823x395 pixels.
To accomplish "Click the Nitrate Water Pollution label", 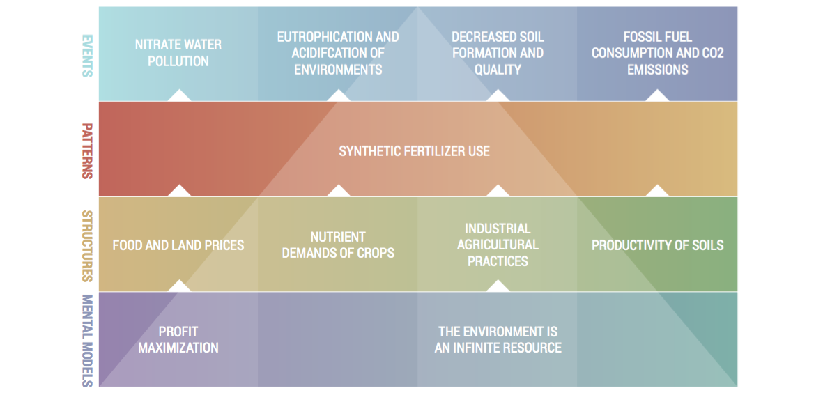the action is [178, 53].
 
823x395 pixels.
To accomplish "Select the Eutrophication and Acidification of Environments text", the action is [338, 53].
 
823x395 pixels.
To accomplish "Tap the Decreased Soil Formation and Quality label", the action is [498, 53].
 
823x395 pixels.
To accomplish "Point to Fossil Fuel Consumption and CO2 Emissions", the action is [657, 53].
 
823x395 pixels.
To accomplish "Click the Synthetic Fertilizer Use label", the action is [414, 152].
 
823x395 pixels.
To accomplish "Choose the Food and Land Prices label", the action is [178, 245].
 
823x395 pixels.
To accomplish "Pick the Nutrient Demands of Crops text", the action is [338, 245].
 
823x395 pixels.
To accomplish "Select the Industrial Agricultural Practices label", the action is [498, 245].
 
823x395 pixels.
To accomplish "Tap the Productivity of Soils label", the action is [658, 245].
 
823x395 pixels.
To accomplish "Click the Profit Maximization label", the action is [178, 339].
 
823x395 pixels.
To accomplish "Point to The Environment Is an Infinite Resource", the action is [498, 339].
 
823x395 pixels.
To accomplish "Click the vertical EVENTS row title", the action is [87, 56].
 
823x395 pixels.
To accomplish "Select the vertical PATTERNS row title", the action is [87, 151].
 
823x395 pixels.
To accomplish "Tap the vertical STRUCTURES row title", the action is [87, 247].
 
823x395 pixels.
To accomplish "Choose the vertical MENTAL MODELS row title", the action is [87, 341].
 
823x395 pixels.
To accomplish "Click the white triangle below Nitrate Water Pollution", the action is [179, 95].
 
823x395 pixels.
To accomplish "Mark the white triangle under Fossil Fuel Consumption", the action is [657, 95].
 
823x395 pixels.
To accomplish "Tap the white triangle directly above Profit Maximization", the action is [179, 286].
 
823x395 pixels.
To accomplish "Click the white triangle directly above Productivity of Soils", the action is [657, 192].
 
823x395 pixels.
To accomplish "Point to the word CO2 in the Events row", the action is [710, 53].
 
